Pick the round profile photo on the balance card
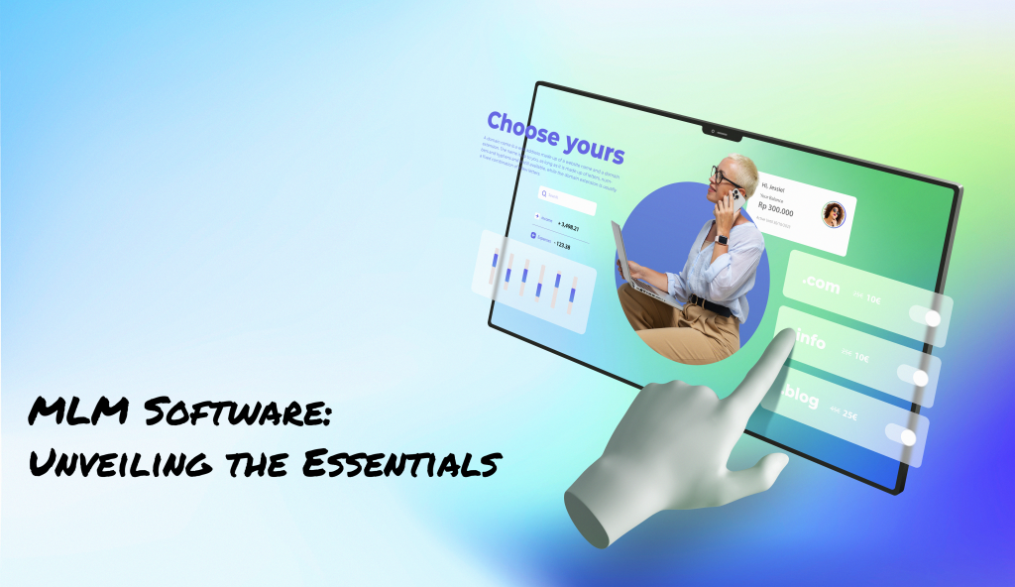click(833, 214)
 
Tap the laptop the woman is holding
click(631, 260)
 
